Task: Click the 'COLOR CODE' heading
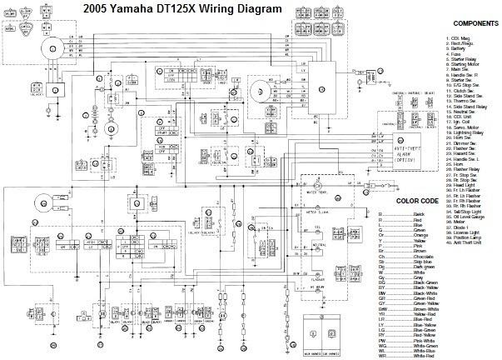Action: (418, 201)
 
